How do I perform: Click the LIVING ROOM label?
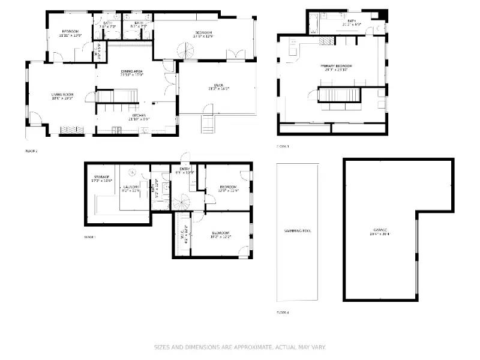click(x=62, y=94)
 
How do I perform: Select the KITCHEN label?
click(x=139, y=115)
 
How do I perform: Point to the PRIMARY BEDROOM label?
click(x=335, y=66)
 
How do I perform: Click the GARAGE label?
click(x=380, y=230)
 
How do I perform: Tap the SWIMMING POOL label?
click(x=298, y=230)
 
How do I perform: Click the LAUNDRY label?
click(x=131, y=187)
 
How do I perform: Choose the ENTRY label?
click(x=185, y=170)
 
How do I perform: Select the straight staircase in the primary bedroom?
click(x=339, y=94)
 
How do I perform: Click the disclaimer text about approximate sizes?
click(x=239, y=347)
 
